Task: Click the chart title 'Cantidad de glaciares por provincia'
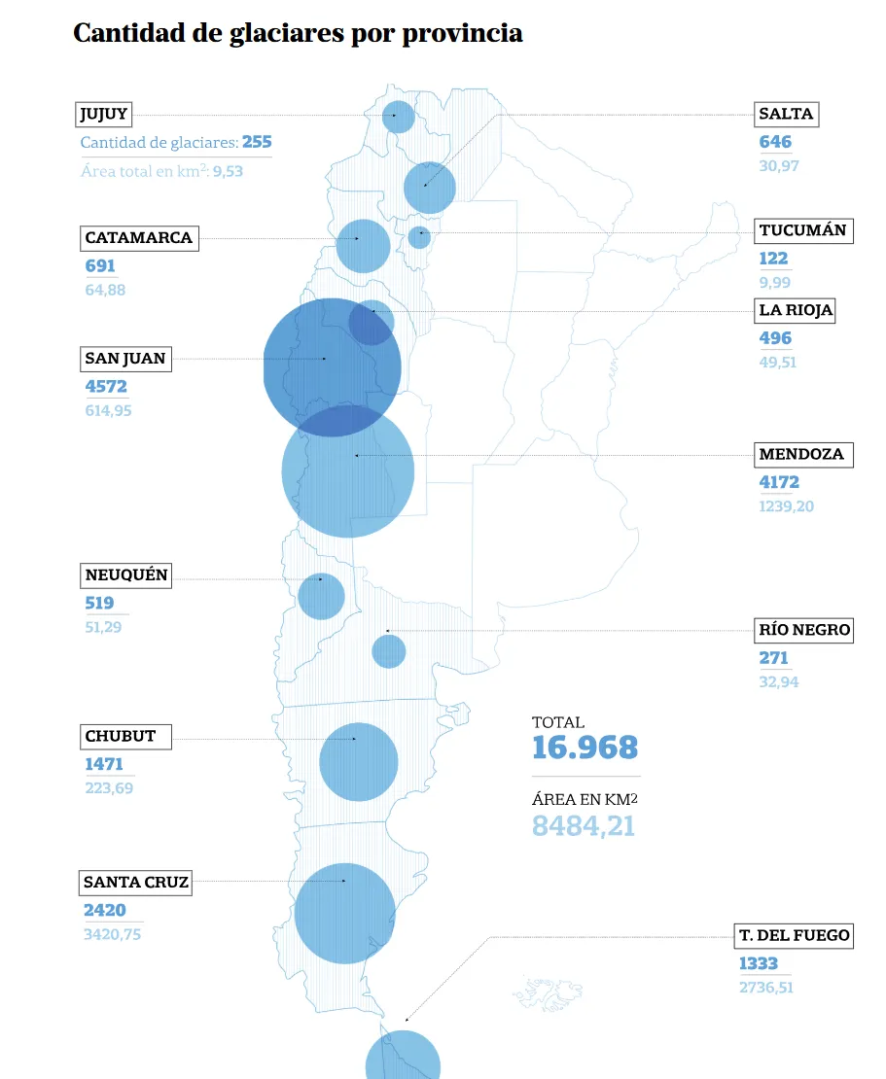(x=298, y=33)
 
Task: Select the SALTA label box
(x=786, y=114)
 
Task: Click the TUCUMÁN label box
(x=803, y=231)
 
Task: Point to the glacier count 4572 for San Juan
(x=106, y=387)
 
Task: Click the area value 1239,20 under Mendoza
(x=787, y=506)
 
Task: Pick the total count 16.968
(x=585, y=748)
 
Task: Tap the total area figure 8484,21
(x=584, y=826)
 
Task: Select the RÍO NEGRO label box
(x=804, y=630)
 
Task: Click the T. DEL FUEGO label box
(x=794, y=936)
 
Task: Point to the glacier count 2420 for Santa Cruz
(x=105, y=911)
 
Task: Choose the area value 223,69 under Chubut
(x=109, y=788)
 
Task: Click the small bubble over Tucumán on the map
(x=419, y=237)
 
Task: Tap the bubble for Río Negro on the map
(x=389, y=651)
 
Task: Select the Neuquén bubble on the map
(x=321, y=597)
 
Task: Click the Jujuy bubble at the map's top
(x=399, y=117)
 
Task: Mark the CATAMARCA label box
(x=139, y=238)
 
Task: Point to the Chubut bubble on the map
(x=359, y=762)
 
